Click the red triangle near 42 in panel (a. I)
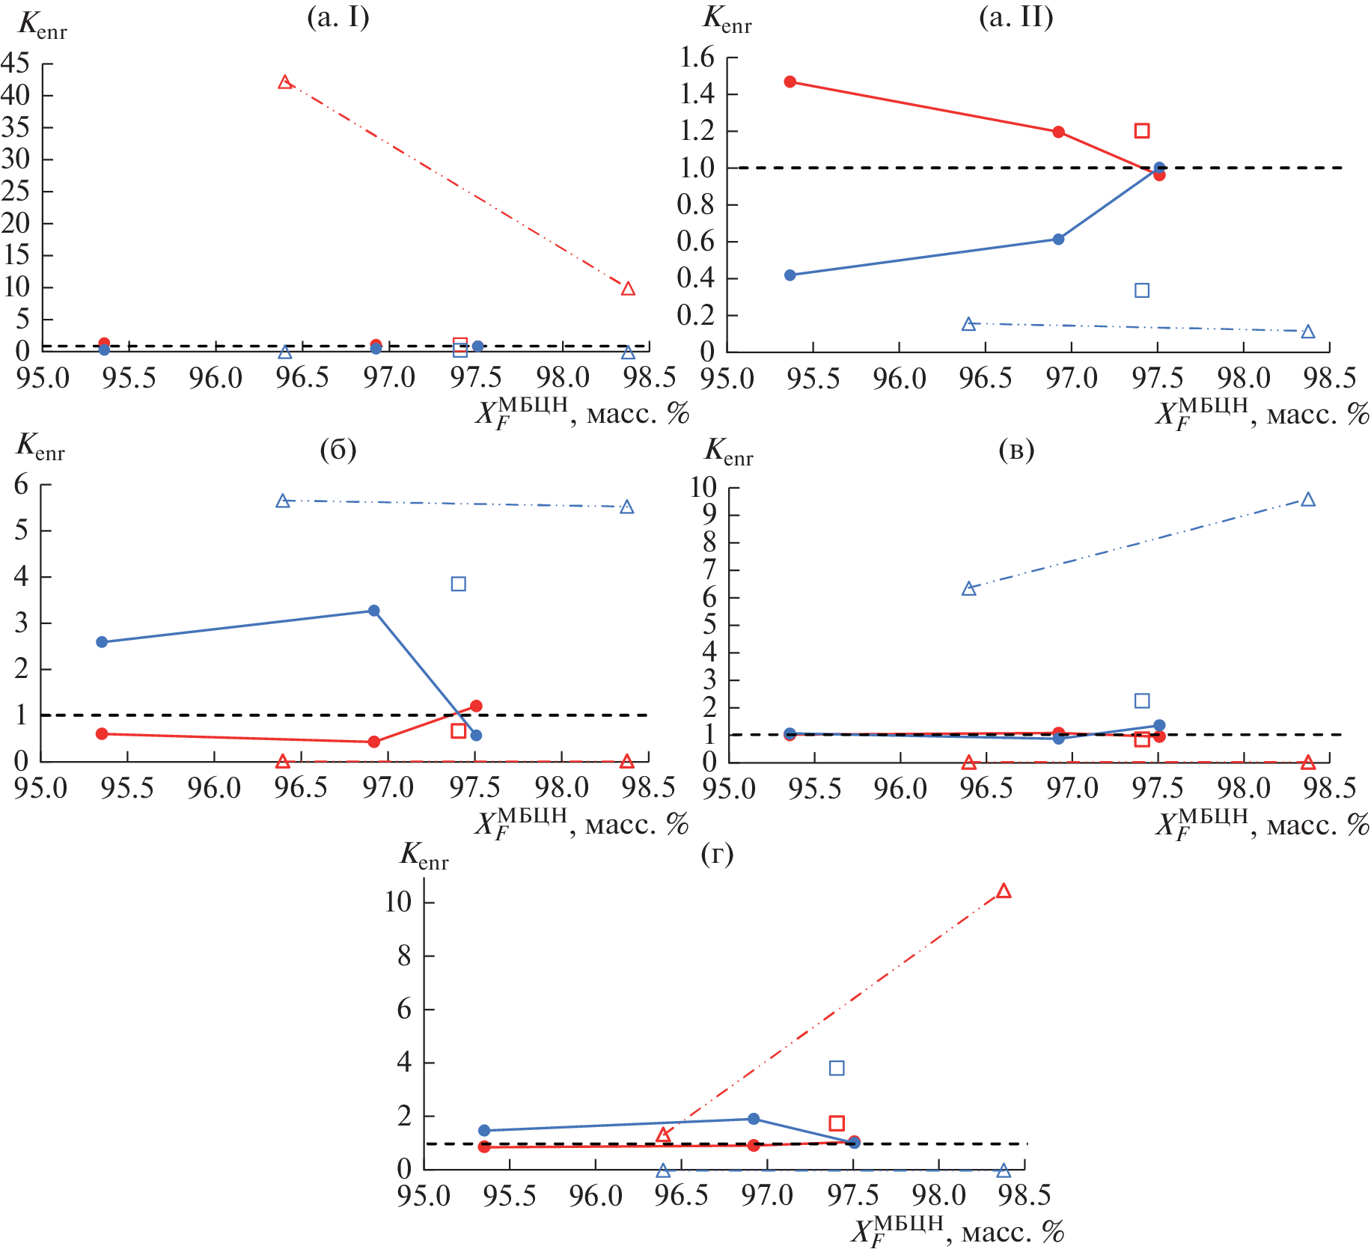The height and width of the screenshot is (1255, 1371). pyautogui.click(x=284, y=82)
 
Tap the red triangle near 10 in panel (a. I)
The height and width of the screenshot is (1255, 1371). pyautogui.click(x=628, y=289)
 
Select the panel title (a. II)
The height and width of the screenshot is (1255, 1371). pyautogui.click(x=1016, y=17)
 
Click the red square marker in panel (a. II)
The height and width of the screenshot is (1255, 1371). pyautogui.click(x=1141, y=131)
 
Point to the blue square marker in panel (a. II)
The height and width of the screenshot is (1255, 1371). pyautogui.click(x=1141, y=290)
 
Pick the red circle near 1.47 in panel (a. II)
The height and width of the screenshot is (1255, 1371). pyautogui.click(x=790, y=82)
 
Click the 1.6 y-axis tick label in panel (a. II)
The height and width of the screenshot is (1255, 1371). pyautogui.click(x=697, y=57)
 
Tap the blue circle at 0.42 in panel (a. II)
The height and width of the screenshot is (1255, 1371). pyautogui.click(x=790, y=275)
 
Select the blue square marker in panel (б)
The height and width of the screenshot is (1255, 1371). pyautogui.click(x=458, y=584)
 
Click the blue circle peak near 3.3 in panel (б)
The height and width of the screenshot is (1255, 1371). pyautogui.click(x=373, y=611)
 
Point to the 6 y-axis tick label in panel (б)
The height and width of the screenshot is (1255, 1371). pyautogui.click(x=21, y=485)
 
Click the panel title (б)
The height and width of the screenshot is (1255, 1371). pyautogui.click(x=338, y=449)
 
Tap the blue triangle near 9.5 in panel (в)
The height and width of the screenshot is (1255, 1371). pyautogui.click(x=1307, y=500)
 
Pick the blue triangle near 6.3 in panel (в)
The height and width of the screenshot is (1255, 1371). pyautogui.click(x=968, y=589)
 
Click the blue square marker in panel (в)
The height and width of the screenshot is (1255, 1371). pyautogui.click(x=1141, y=700)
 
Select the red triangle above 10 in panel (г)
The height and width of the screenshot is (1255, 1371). pyautogui.click(x=1004, y=891)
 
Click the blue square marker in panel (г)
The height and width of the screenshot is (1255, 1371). pyautogui.click(x=837, y=1068)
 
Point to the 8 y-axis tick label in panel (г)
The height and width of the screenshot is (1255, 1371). pyautogui.click(x=404, y=956)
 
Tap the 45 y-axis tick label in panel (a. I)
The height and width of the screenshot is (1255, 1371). pyautogui.click(x=16, y=64)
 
